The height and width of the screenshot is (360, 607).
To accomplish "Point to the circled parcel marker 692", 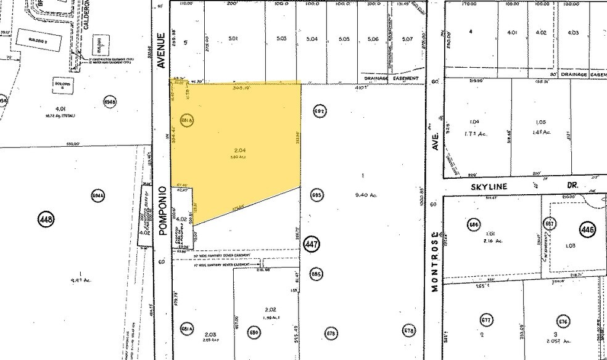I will (x=319, y=112).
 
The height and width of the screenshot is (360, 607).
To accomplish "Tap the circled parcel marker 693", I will (x=316, y=194).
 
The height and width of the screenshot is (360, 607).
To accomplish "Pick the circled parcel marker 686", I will (x=474, y=224).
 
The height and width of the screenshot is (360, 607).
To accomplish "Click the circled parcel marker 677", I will (x=486, y=320).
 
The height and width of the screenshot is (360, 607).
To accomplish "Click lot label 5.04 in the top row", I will (x=312, y=39).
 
